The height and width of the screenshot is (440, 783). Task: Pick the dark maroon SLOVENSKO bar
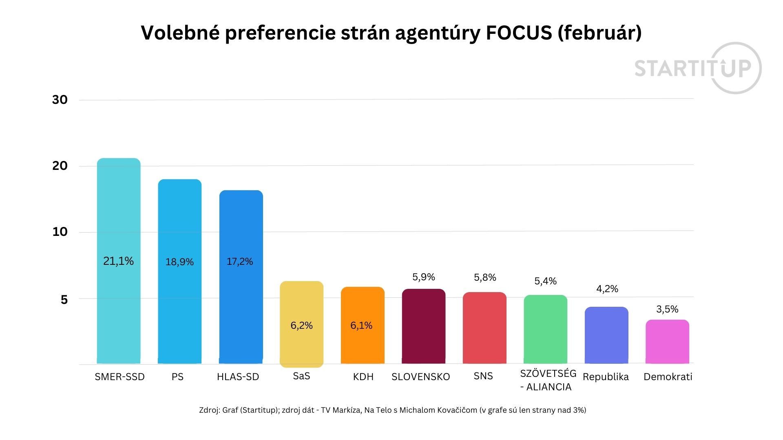coord(423,326)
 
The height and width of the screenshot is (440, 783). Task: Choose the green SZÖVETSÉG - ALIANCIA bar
coord(545,329)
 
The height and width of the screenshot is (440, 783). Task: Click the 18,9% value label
coord(179,262)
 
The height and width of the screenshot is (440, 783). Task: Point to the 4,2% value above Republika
coord(607,289)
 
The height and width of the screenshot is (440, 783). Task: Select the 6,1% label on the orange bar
coord(361,326)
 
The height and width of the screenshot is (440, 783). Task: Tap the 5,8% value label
coord(485,277)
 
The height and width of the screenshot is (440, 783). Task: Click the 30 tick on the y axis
coord(60,100)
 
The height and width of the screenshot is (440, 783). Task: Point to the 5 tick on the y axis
coord(64,300)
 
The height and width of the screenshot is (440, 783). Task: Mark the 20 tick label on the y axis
coord(60,166)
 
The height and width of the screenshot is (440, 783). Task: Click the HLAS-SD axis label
coord(238,377)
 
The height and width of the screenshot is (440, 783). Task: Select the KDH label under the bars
coord(363,377)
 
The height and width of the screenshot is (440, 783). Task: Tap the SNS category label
coord(483,376)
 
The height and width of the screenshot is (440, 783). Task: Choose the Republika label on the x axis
coord(606,377)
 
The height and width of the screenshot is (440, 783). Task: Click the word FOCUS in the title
coord(519,33)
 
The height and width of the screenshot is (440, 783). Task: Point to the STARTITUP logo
coord(697,68)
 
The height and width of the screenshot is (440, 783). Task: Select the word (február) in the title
coord(599,33)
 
